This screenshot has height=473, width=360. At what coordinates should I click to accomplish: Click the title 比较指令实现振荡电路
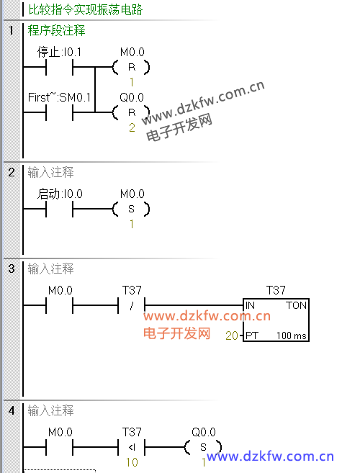pyautogui.click(x=86, y=9)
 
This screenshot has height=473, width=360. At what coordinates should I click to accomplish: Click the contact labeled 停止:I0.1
pyautogui.click(x=60, y=67)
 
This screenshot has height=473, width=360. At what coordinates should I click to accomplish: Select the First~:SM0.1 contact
pyautogui.click(x=60, y=112)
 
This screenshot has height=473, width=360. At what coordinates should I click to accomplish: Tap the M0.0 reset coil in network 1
pyautogui.click(x=131, y=67)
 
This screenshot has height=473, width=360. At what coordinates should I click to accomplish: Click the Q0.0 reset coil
pyautogui.click(x=131, y=112)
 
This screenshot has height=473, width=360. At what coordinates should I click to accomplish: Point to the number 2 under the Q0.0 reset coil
pyautogui.click(x=132, y=127)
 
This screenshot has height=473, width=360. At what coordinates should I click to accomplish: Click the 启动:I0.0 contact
pyautogui.click(x=60, y=209)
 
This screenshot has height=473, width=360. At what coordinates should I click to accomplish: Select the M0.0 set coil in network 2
pyautogui.click(x=131, y=209)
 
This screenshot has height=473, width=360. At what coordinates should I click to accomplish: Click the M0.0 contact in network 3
pyautogui.click(x=60, y=305)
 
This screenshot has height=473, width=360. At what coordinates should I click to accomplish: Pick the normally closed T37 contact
pyautogui.click(x=132, y=305)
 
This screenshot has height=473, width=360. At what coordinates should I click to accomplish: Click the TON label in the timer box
pyautogui.click(x=297, y=305)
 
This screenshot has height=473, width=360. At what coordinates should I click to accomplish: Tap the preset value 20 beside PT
pyautogui.click(x=232, y=335)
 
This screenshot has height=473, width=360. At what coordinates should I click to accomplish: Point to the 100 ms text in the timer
pyautogui.click(x=292, y=335)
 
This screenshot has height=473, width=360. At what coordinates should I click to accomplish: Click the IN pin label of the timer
pyautogui.click(x=250, y=305)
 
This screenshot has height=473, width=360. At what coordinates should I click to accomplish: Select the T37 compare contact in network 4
pyautogui.click(x=132, y=447)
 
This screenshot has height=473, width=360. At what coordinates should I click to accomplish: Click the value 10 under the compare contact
pyautogui.click(x=132, y=462)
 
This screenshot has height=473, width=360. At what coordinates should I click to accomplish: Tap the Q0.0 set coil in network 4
pyautogui.click(x=203, y=447)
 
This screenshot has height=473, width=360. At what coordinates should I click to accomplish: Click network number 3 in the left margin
pyautogui.click(x=12, y=269)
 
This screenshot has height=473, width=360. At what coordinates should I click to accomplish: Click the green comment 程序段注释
pyautogui.click(x=57, y=30)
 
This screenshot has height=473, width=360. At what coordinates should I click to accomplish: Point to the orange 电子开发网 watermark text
pyautogui.click(x=177, y=333)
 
